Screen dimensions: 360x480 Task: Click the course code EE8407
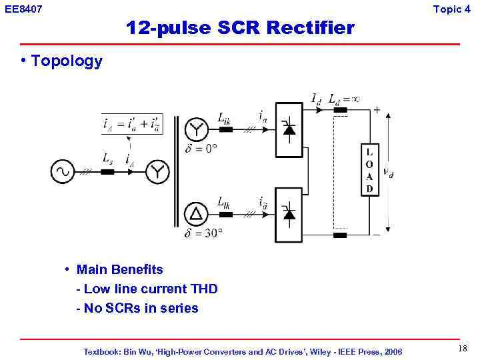(23, 9)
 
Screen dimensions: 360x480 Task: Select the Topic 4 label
(456, 9)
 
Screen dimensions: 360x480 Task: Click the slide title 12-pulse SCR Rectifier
(240, 28)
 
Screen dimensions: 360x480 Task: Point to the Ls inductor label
(107, 159)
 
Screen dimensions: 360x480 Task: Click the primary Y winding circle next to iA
(157, 172)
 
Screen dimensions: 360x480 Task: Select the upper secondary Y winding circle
(195, 129)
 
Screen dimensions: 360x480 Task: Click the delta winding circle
(195, 213)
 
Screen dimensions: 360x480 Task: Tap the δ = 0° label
(201, 149)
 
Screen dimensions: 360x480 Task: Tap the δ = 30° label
(203, 233)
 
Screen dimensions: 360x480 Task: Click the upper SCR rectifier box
(289, 129)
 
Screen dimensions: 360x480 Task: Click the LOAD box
(369, 170)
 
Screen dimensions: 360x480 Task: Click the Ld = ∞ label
(344, 99)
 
